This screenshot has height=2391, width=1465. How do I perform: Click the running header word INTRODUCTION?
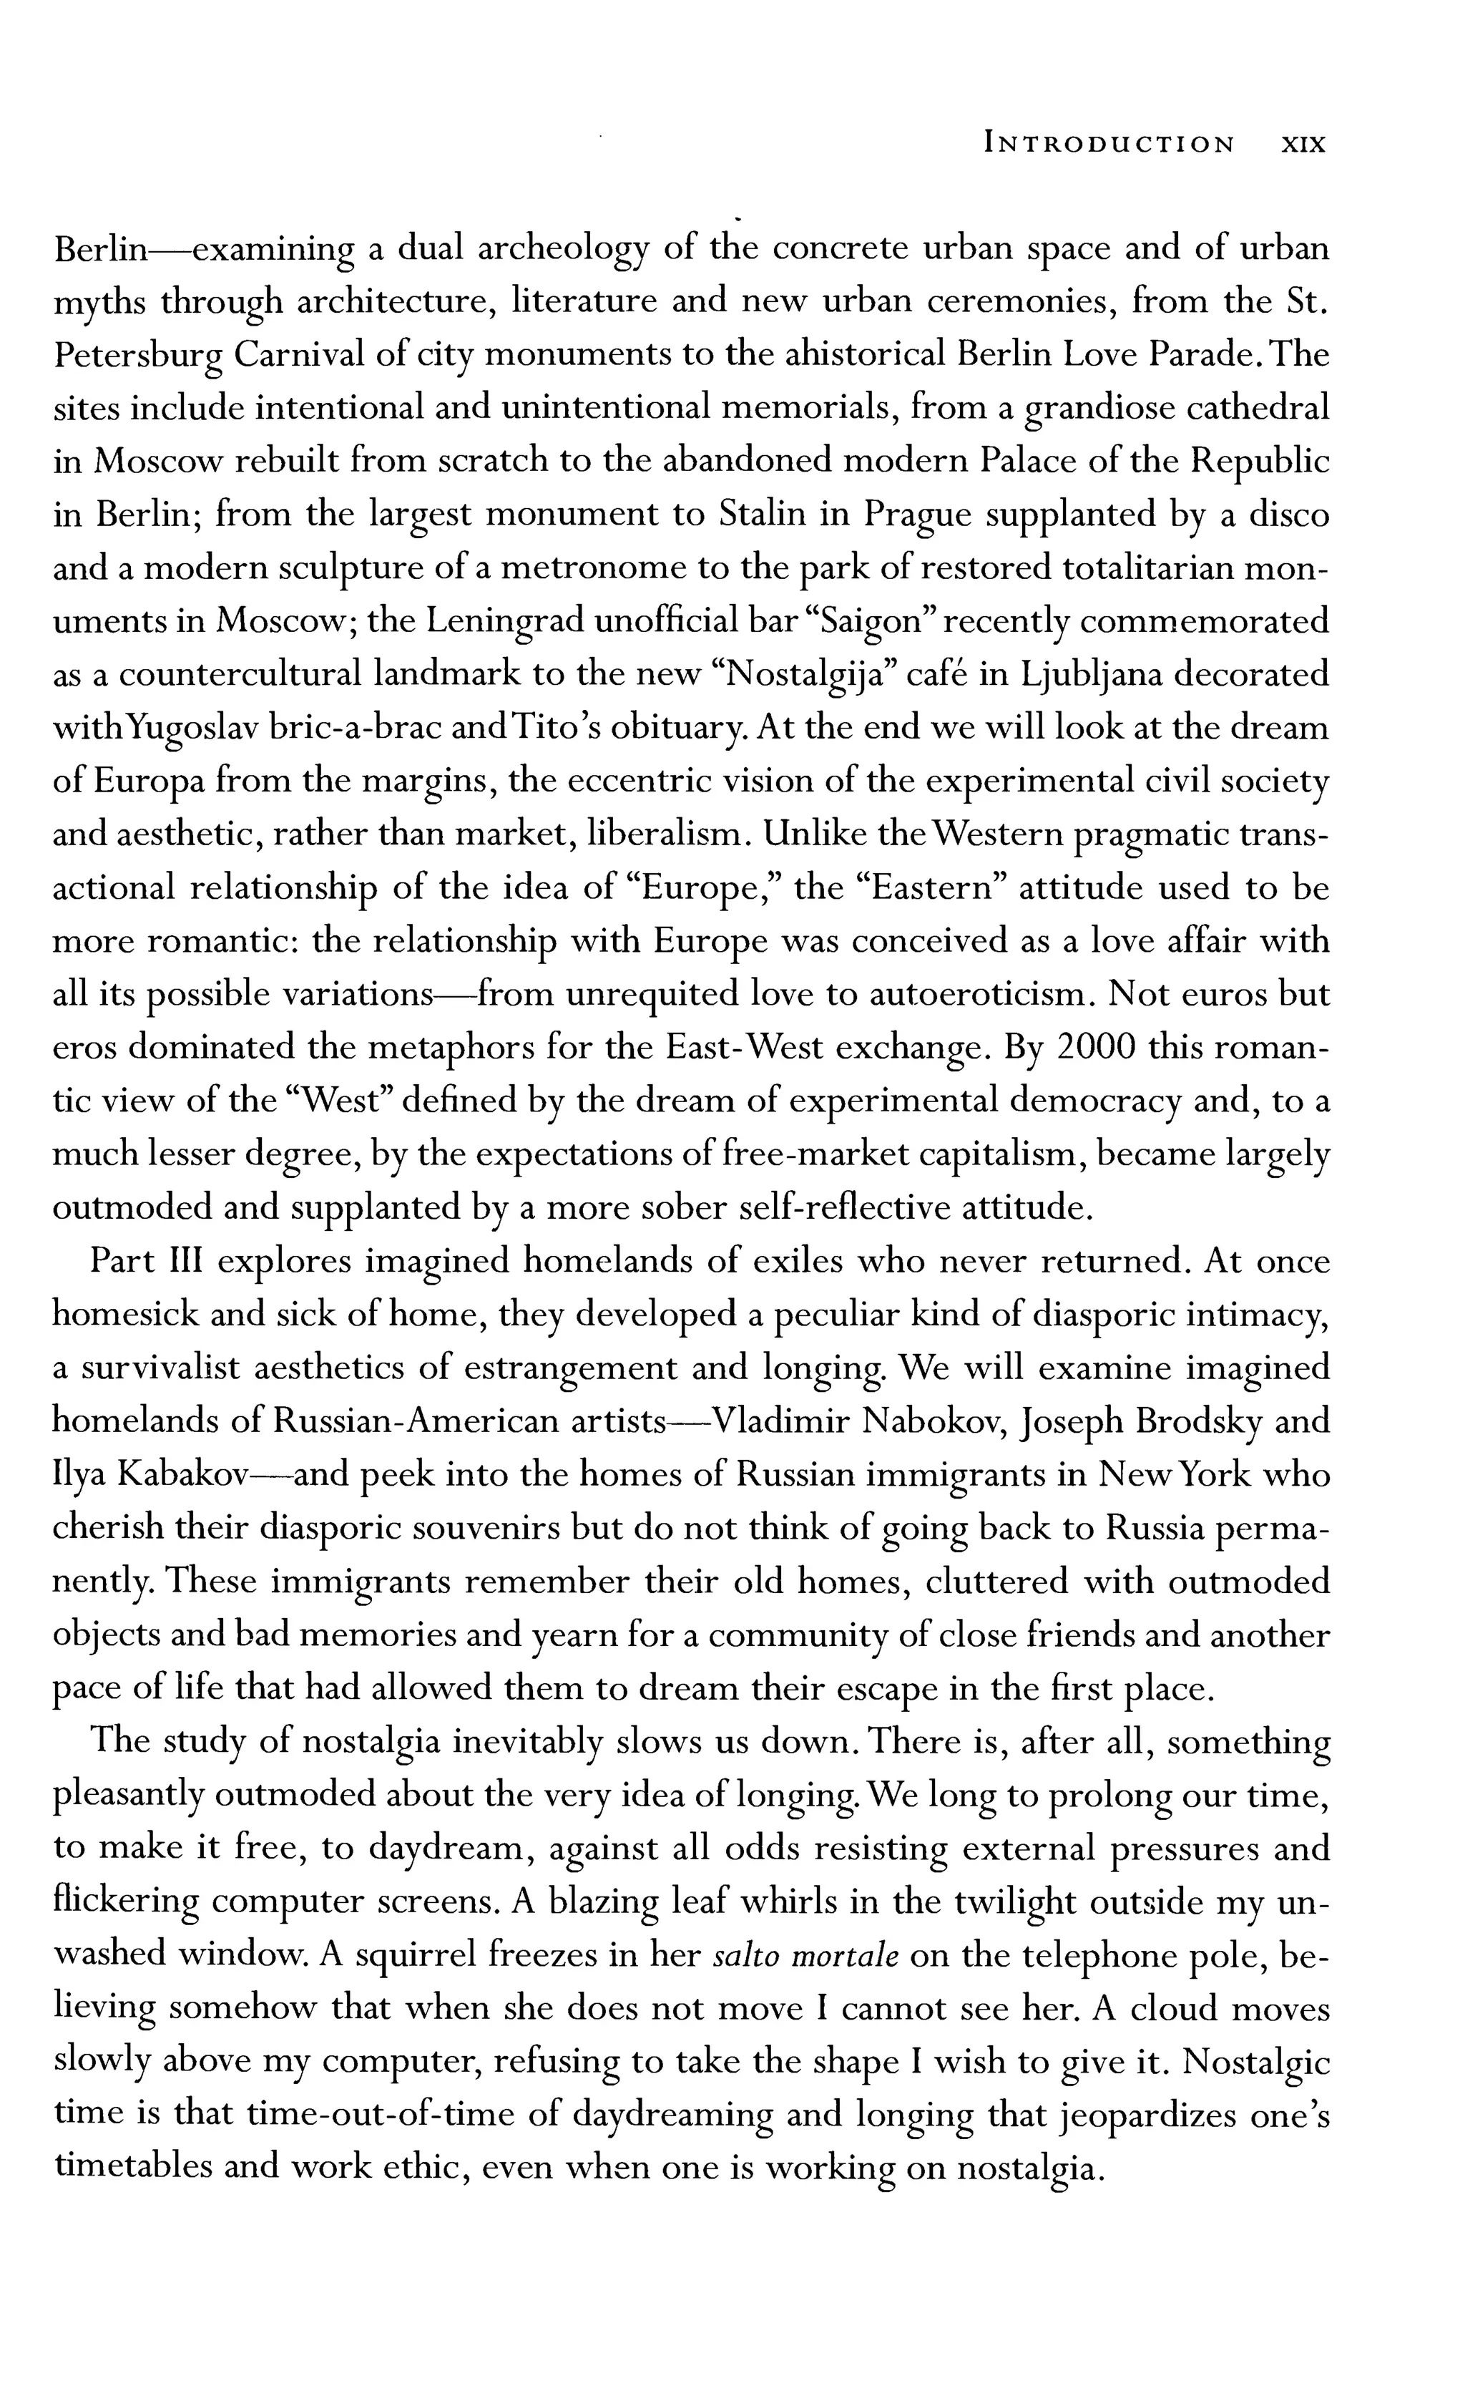(x=1109, y=145)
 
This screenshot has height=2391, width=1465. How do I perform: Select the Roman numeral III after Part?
(x=185, y=1262)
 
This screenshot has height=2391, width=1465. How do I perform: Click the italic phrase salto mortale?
(x=804, y=1954)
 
